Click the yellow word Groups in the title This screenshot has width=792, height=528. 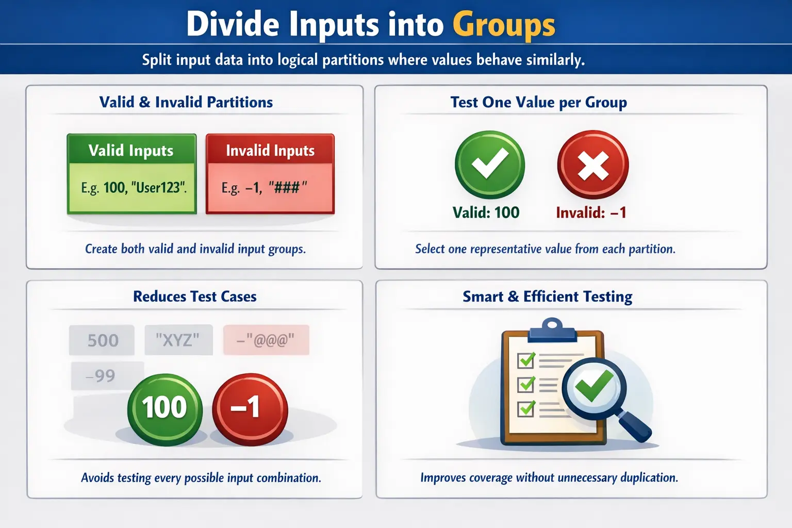[504, 25]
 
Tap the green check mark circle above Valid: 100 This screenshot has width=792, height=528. [489, 164]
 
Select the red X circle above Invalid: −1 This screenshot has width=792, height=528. [593, 164]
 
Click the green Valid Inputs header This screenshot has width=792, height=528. [131, 150]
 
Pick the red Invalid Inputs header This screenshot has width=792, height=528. [270, 150]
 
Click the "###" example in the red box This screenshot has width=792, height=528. [287, 187]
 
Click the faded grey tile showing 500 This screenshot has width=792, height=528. [102, 340]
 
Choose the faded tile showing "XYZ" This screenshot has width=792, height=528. [178, 340]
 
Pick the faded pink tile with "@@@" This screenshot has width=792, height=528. [266, 340]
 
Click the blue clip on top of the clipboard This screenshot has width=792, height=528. [552, 330]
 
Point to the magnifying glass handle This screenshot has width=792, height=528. [635, 425]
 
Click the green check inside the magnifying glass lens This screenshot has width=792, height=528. [594, 387]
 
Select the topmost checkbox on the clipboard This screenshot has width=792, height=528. [526, 359]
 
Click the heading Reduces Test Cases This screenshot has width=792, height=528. [195, 296]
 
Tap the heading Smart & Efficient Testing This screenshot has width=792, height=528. [547, 296]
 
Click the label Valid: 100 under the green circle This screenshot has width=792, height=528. [486, 212]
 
